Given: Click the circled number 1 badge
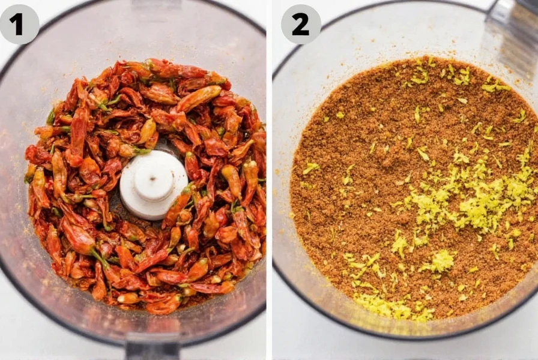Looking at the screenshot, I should pyautogui.click(x=19, y=24).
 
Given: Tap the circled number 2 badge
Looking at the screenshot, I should pyautogui.click(x=300, y=24).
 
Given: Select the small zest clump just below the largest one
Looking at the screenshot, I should pyautogui.click(x=441, y=261).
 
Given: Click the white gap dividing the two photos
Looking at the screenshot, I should pyautogui.click(x=269, y=180).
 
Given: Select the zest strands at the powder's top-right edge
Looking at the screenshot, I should pyautogui.click(x=496, y=87).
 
